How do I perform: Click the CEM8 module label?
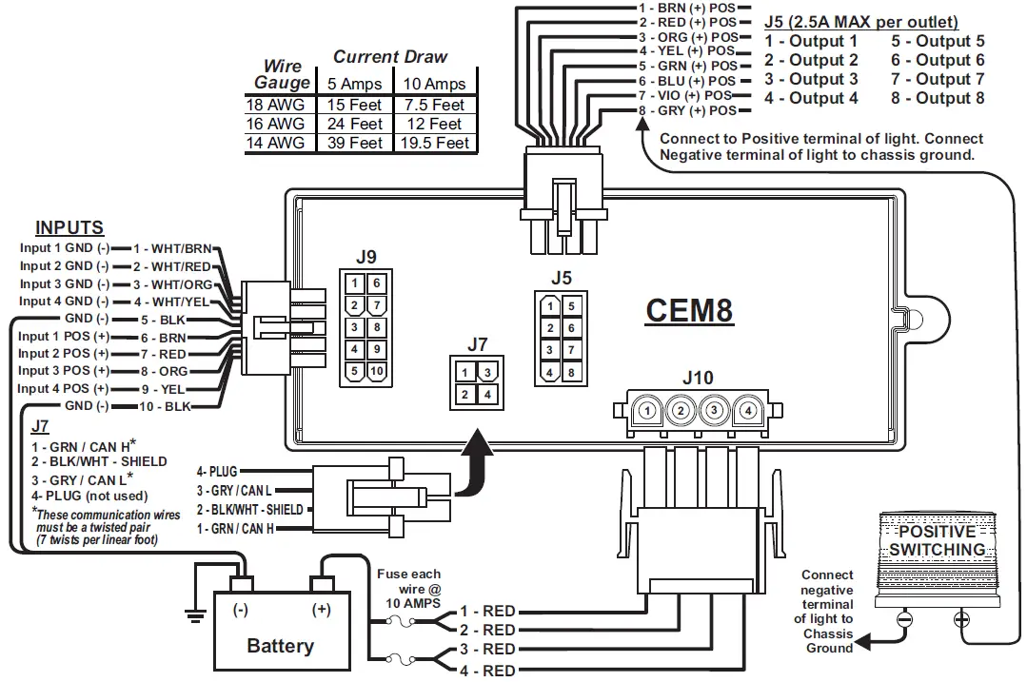point(689,310)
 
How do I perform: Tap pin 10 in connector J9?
point(376,371)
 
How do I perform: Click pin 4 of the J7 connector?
point(487,394)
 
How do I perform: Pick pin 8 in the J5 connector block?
point(571,373)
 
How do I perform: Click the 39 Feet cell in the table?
point(353,143)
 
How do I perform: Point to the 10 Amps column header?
point(434,84)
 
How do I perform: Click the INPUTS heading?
point(69,228)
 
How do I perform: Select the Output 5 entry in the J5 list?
point(938,41)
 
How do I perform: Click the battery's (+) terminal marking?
point(321,609)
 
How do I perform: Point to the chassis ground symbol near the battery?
point(196,614)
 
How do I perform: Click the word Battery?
point(280,646)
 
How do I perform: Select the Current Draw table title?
point(389,57)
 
